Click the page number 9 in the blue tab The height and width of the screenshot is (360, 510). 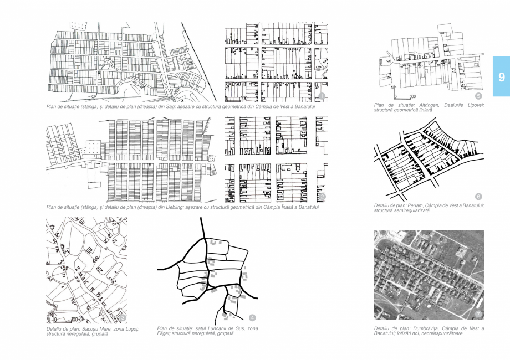point(501,77)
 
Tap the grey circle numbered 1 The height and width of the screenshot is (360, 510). point(322,96)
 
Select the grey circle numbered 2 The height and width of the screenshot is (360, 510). point(322,197)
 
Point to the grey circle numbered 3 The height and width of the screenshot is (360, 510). point(123,317)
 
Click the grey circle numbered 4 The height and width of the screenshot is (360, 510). point(252,317)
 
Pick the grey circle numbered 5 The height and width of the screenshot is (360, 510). point(478,96)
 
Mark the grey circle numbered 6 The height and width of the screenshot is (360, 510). point(478,197)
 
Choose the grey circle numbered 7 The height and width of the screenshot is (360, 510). point(478,315)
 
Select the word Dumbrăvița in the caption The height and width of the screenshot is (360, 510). point(416,328)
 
